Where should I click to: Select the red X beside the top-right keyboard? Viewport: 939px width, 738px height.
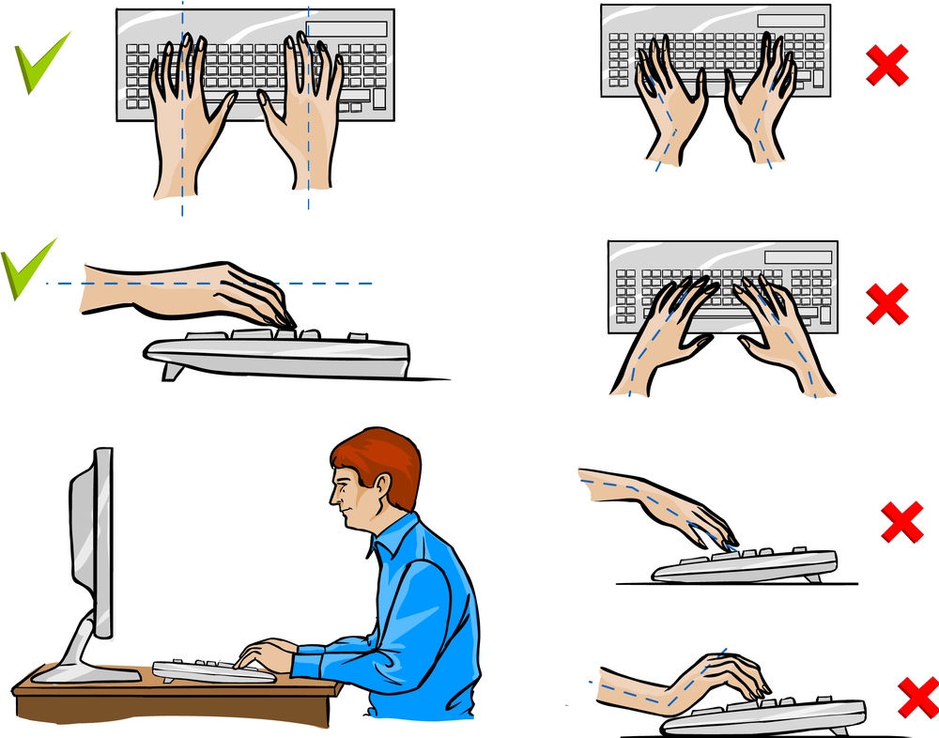886,64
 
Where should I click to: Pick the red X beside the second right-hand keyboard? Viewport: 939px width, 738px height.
886,303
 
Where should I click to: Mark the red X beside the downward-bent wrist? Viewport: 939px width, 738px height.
901,521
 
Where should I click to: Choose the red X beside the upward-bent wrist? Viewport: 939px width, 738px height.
917,697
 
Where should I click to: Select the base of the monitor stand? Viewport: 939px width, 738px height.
85,672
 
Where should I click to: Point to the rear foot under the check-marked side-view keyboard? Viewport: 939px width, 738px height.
172,371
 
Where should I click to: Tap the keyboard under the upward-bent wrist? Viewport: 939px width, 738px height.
770,715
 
